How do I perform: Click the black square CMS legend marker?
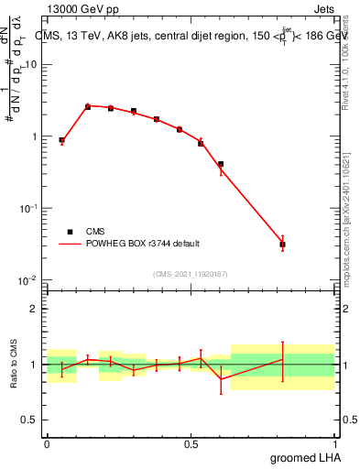71,232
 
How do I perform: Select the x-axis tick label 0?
46,443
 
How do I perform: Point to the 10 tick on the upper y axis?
31,65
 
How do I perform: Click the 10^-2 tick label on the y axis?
28,280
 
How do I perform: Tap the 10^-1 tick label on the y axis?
28,209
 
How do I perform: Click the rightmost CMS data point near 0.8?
283,245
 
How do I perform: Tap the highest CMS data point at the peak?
88,106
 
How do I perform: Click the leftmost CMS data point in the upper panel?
61,140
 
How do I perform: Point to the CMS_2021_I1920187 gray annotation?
190,273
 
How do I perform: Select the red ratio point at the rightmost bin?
283,359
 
